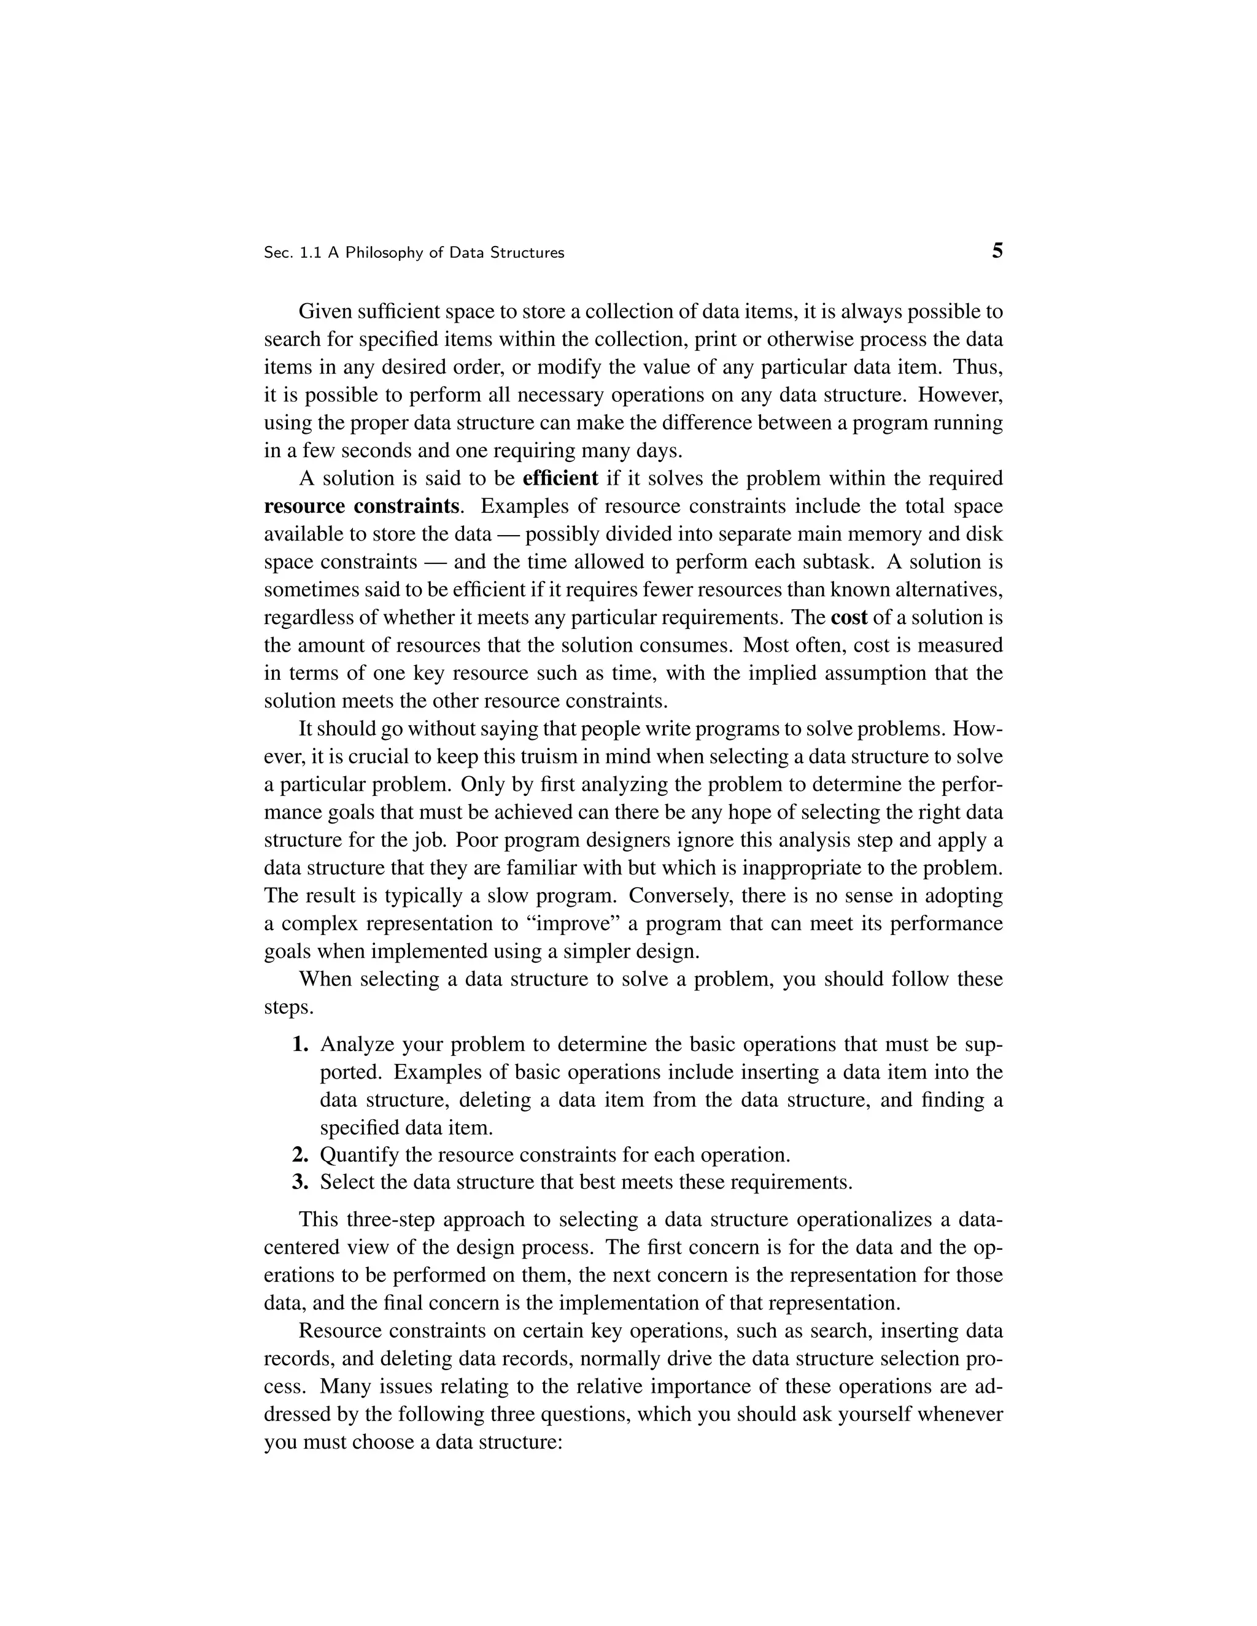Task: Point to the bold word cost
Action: (849, 617)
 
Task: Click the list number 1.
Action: (300, 1044)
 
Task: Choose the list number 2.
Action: (300, 1155)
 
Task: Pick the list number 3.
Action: (300, 1182)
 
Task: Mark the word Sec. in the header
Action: (278, 253)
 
